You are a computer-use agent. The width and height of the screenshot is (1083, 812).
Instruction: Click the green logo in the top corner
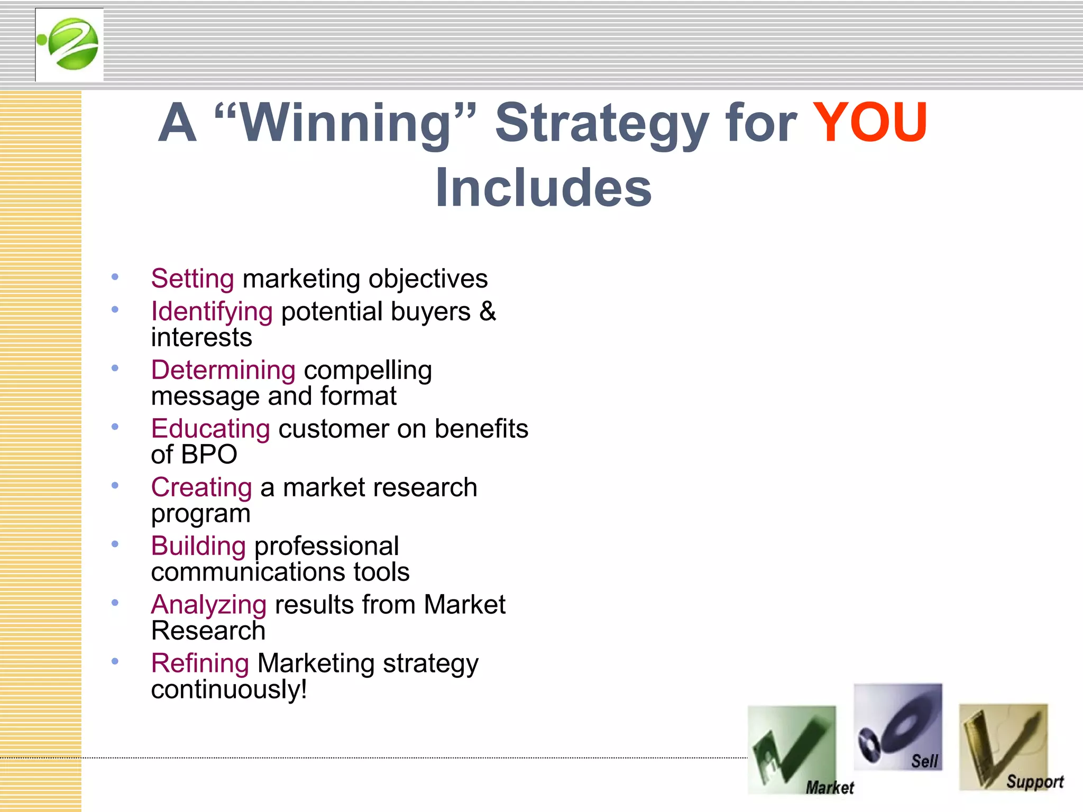[x=69, y=44]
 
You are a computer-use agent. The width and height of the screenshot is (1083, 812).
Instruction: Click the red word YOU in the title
[x=869, y=123]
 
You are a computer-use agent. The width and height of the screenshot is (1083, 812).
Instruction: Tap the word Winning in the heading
[x=346, y=123]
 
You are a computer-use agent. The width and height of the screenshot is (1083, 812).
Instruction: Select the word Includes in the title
[x=543, y=188]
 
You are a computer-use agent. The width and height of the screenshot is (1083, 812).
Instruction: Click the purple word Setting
[x=192, y=279]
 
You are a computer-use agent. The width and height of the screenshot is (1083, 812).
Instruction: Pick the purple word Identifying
[x=212, y=311]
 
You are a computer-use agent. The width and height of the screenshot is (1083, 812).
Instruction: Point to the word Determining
[x=223, y=370]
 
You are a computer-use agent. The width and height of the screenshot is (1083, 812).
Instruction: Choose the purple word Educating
[x=210, y=429]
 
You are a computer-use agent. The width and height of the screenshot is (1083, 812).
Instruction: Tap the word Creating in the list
[x=201, y=487]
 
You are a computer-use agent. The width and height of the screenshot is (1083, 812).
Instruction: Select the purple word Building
[x=198, y=546]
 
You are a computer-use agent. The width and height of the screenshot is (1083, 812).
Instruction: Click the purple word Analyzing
[x=208, y=605]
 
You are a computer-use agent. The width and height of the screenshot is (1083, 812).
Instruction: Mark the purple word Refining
[x=200, y=663]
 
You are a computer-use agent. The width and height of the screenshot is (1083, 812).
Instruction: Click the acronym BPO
[x=209, y=455]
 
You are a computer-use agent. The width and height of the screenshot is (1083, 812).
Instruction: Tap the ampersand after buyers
[x=488, y=311]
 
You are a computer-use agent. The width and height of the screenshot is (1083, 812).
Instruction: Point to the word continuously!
[x=229, y=689]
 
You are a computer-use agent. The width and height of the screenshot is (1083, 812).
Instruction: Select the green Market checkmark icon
[x=792, y=750]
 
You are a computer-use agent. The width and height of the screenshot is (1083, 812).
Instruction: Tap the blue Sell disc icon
[x=897, y=727]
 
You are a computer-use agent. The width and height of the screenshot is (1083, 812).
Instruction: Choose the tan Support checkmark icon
[x=1003, y=747]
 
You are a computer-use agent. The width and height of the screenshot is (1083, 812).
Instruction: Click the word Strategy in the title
[x=601, y=123]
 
